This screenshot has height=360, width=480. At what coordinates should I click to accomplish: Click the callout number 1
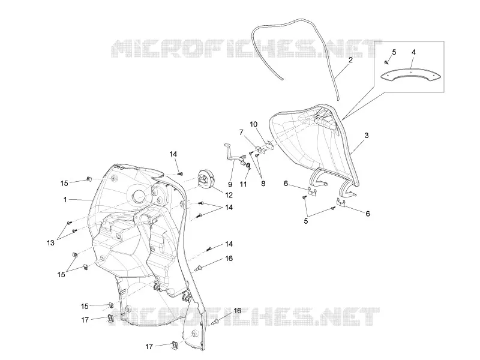coord(65,200)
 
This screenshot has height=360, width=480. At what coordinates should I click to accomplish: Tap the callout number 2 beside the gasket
coord(350,60)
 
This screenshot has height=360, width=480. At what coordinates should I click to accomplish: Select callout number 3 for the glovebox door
coord(366,136)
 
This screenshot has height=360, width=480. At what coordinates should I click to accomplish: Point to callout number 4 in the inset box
coord(413,52)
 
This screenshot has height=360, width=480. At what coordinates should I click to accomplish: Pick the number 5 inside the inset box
coord(394,52)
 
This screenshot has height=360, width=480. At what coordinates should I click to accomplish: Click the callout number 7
coord(241,132)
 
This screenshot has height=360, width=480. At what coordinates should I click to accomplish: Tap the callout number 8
coord(263,184)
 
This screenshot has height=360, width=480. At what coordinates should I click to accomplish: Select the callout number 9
coord(230,184)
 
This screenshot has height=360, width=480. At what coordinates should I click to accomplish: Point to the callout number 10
coord(253,124)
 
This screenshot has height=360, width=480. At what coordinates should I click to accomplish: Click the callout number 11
coord(243,184)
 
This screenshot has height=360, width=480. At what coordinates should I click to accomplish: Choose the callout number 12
coord(229,196)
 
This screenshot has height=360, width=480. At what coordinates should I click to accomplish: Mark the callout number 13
coord(50,243)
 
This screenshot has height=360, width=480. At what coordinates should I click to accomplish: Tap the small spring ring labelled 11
coord(248,166)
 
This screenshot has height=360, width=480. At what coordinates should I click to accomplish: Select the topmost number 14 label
coord(173,154)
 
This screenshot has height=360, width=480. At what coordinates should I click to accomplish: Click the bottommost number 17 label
coord(149,347)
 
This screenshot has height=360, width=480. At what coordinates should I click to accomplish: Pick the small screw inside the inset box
coord(386,63)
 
